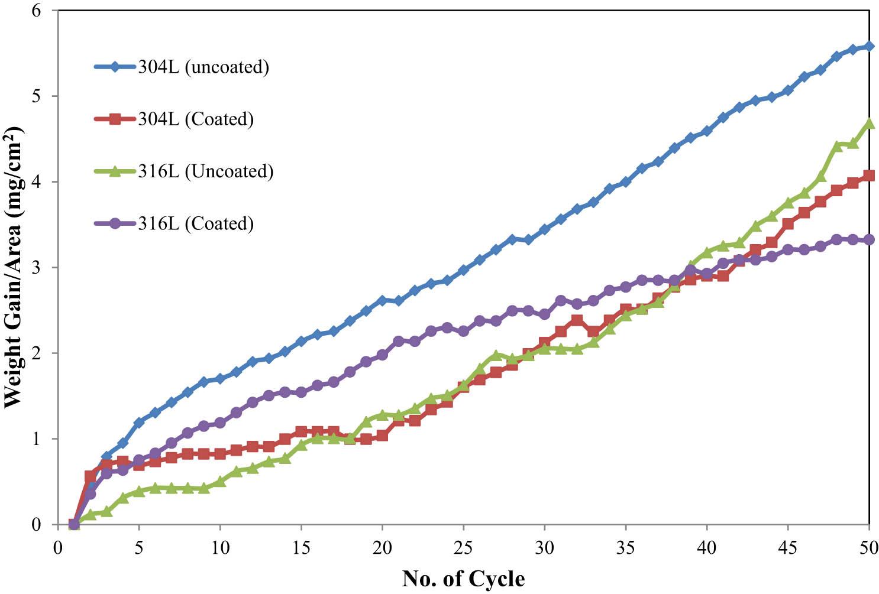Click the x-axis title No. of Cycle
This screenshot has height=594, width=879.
pos(463,578)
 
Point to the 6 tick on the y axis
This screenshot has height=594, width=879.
pos(45,11)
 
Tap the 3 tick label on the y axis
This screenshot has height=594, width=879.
pos(45,268)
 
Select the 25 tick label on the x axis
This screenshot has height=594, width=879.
pos(463,547)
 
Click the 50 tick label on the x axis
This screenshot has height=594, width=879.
pos(868,547)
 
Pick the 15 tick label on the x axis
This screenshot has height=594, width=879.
pos(301,547)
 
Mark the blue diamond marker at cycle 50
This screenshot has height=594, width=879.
pos(869,46)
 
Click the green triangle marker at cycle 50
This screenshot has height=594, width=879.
pos(869,123)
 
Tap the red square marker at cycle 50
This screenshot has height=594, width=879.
pos(869,176)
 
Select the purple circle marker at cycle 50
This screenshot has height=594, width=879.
pos(869,239)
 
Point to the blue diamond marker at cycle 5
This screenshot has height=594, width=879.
pos(139,423)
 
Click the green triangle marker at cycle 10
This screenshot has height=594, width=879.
pos(220,481)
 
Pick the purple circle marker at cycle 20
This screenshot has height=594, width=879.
pos(382,355)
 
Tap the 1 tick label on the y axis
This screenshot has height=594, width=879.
pos(45,439)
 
